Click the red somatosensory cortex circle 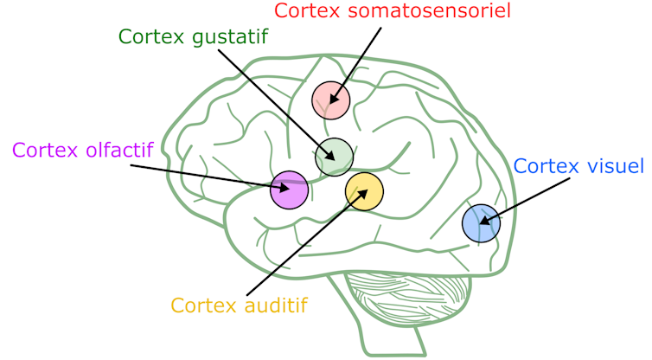330,100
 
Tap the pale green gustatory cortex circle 334,157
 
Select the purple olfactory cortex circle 289,190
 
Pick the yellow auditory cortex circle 364,191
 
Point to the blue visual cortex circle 481,223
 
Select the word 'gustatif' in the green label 231,37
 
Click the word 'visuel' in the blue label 615,165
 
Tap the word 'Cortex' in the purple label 44,150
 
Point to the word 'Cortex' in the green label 152,37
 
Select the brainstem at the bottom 394,342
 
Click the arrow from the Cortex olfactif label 208,174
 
